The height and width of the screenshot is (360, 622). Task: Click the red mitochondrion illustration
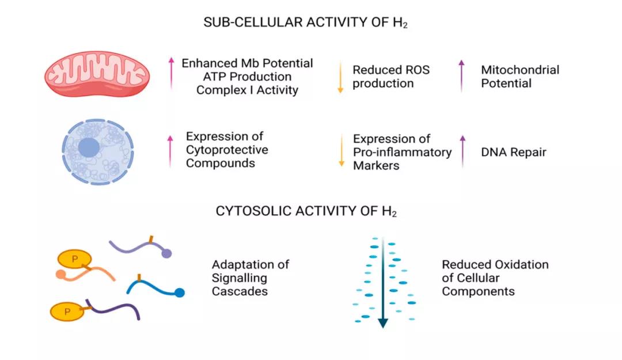click(97, 74)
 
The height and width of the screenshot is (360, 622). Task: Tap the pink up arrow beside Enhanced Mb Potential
click(171, 74)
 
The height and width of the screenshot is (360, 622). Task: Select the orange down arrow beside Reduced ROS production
click(340, 77)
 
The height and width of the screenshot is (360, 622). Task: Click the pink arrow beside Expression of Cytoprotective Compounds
click(170, 150)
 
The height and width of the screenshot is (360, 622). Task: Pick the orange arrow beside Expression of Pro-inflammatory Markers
click(341, 150)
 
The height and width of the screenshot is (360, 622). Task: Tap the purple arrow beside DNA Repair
click(462, 151)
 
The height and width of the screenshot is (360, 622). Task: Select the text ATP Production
click(247, 77)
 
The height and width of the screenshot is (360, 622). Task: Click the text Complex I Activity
click(247, 90)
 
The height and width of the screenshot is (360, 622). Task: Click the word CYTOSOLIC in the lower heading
click(253, 211)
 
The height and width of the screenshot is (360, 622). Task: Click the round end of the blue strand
click(180, 293)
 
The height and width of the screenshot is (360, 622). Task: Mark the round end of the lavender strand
click(166, 253)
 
